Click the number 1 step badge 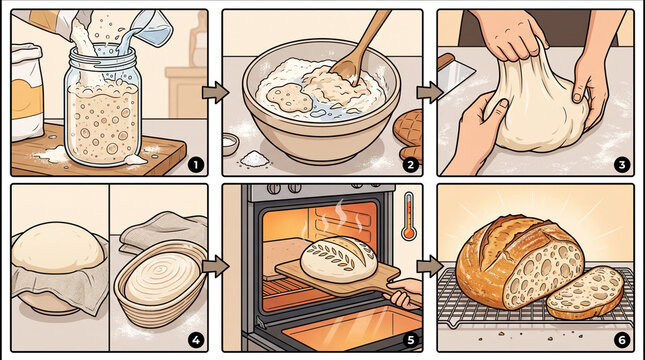pos(194,162)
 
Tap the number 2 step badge pos(409,162)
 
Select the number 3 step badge pos(621,164)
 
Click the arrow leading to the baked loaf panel pos(429,266)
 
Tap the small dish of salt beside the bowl pos(253,158)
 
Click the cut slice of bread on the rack pos(585,291)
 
